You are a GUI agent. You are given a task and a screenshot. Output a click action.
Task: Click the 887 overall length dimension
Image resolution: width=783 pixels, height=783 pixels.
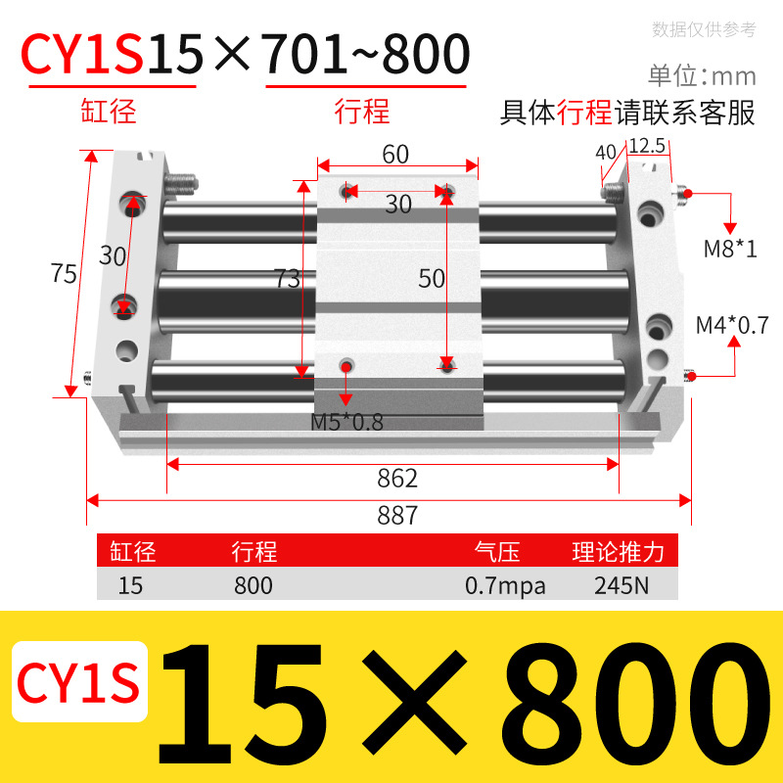(x=397, y=515)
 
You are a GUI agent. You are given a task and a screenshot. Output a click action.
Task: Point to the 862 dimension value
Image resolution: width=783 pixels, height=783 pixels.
(x=397, y=479)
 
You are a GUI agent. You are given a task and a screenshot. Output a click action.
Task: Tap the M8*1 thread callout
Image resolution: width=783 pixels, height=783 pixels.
(x=730, y=249)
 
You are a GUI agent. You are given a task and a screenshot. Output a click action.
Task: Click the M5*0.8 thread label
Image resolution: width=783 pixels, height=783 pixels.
(x=346, y=423)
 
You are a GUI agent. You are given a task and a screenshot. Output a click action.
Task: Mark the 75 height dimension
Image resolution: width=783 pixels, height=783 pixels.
(x=64, y=274)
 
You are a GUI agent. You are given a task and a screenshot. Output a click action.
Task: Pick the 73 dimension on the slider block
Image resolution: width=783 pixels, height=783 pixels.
(x=287, y=279)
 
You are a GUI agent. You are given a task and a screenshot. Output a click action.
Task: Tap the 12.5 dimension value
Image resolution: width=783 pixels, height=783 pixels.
(x=647, y=147)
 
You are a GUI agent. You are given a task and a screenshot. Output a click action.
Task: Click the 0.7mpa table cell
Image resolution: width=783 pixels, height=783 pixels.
(x=505, y=586)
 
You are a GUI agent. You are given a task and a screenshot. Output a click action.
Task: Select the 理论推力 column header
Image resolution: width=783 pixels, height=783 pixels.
(x=618, y=553)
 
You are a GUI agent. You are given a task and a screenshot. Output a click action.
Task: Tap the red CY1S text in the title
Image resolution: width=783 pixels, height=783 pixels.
(x=83, y=55)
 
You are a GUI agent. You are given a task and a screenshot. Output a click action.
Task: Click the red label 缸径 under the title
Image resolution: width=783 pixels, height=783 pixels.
(x=108, y=112)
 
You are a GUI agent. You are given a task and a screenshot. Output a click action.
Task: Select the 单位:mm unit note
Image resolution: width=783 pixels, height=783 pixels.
(x=702, y=75)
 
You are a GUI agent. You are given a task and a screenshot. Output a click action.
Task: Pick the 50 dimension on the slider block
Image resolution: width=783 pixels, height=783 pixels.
(x=432, y=278)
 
